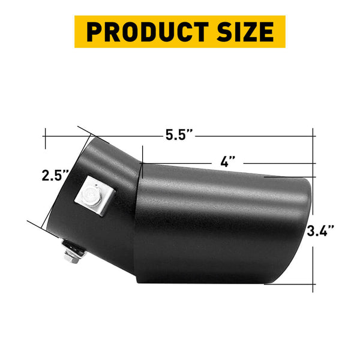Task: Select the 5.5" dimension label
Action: (x=179, y=135)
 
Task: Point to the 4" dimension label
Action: (x=227, y=161)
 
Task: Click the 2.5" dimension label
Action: (x=55, y=176)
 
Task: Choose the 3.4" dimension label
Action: (x=320, y=231)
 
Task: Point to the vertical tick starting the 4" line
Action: (x=142, y=155)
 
